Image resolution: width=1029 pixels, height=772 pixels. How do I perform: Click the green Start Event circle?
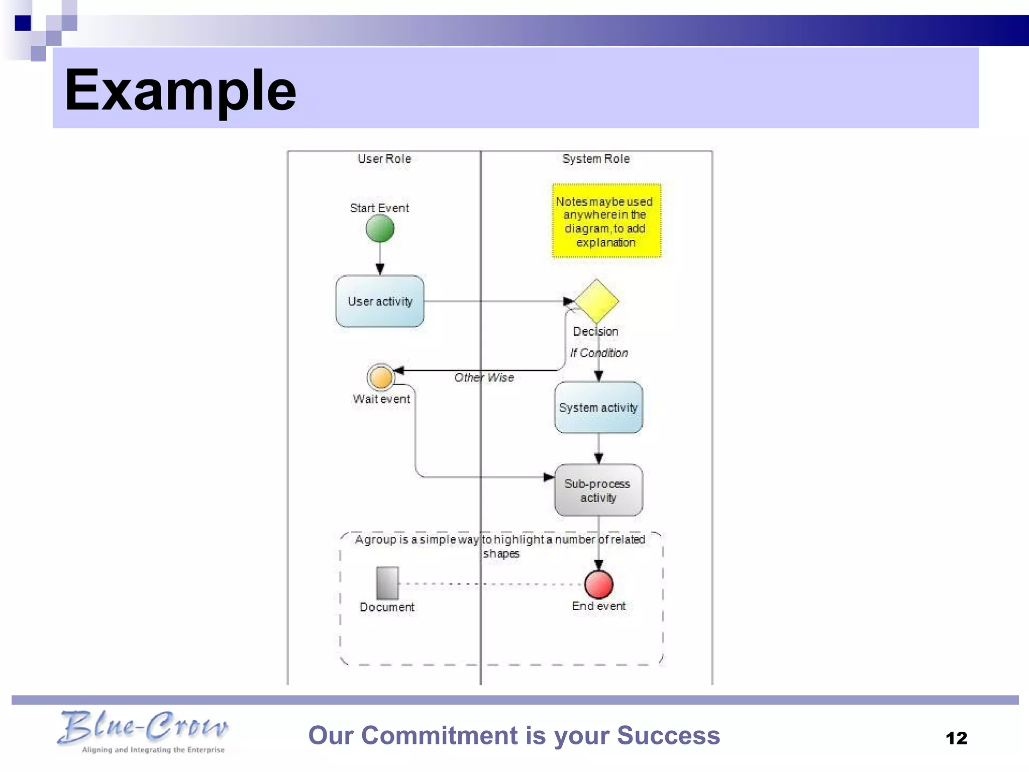point(380,229)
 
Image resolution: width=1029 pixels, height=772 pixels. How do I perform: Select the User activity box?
point(380,301)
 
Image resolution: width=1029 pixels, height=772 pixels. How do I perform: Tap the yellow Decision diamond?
point(596,301)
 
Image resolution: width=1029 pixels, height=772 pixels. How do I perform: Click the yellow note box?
point(606,221)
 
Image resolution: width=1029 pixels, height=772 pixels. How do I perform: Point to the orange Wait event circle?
point(381,377)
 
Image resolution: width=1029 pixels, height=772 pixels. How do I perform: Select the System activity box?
point(598,407)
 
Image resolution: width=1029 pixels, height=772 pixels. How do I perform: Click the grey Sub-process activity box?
point(598,490)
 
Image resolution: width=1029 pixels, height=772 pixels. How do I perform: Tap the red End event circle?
point(598,584)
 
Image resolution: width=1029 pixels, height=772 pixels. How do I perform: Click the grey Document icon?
point(387,583)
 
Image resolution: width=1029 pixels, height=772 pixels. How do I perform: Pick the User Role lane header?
point(384,159)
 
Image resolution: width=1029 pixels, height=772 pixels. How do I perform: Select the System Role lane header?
point(596,159)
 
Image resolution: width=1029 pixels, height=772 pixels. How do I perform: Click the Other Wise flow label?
point(484,377)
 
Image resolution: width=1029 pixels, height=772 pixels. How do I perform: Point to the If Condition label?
point(598,353)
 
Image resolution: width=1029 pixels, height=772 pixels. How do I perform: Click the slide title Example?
point(181,90)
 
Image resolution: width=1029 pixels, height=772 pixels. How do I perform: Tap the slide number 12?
point(956,738)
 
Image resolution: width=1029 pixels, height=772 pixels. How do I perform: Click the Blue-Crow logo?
point(143,731)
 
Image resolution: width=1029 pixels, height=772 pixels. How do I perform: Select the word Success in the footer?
point(668,735)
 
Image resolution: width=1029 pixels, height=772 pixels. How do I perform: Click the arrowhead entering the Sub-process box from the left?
point(549,477)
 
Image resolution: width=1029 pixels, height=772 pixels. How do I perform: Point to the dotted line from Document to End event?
point(490,584)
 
